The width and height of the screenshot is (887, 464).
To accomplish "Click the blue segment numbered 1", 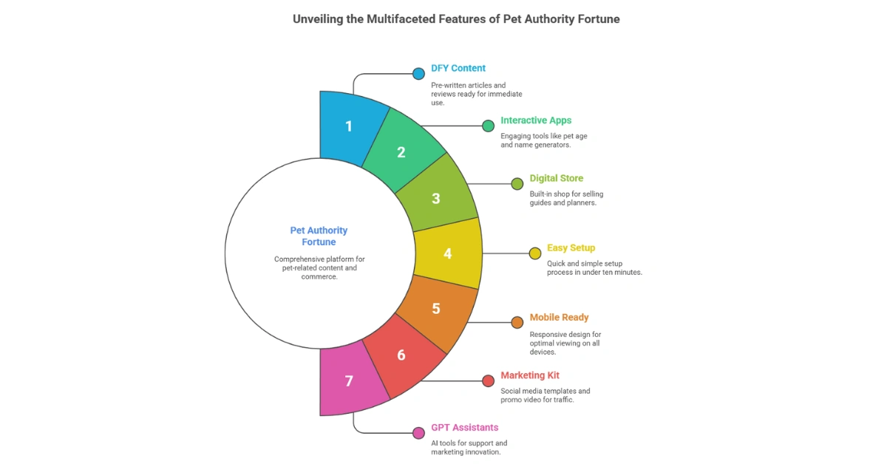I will [349, 126].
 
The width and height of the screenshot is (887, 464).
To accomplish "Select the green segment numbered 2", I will [401, 153].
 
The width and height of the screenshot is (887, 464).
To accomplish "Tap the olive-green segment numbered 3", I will [436, 198].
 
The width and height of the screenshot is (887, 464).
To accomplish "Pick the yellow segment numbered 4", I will [447, 253].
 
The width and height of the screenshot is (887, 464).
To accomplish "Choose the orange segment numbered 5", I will [436, 308].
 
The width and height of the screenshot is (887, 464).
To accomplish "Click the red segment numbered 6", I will [401, 355].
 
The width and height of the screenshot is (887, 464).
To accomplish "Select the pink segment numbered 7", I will [349, 381].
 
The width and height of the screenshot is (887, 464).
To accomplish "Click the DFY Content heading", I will [458, 68].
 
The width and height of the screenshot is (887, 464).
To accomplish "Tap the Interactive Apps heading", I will [536, 120].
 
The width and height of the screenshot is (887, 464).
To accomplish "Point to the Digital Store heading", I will [556, 178].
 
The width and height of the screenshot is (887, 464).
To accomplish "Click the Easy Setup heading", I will [571, 248].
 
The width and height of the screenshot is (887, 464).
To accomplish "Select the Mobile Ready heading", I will [559, 318].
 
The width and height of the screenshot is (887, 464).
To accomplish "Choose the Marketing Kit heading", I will [530, 375].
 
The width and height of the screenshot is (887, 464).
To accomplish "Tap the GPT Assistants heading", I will [464, 427].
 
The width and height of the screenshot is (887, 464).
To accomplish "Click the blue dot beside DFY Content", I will [418, 73].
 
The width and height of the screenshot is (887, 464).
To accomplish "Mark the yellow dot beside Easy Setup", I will [535, 253].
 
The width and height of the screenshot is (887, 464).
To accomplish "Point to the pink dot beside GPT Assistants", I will [418, 432].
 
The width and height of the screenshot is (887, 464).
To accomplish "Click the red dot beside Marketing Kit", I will [488, 381].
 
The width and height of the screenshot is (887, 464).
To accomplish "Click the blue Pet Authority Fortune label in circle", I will [319, 236].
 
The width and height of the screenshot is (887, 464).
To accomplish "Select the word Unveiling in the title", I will [319, 19].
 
